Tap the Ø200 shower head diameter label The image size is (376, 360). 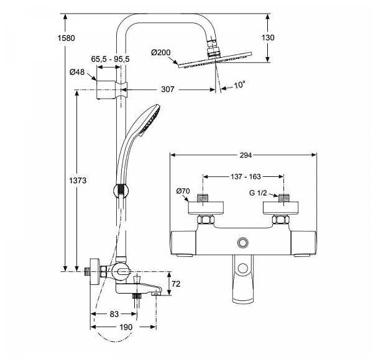click(162, 53)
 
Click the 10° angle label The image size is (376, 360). click(240, 84)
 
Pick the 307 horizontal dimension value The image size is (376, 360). click(167, 89)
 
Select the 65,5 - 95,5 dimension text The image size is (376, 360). click(111, 59)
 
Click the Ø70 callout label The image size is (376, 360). click(183, 191)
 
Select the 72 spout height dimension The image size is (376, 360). click(176, 284)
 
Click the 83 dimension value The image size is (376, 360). click(114, 314)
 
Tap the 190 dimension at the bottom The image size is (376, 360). click(126, 326)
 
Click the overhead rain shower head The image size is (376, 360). click(213, 62)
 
